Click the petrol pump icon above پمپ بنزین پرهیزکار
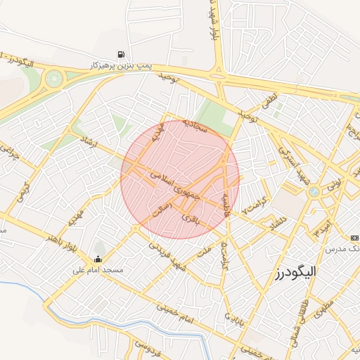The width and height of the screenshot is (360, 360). click(x=122, y=54)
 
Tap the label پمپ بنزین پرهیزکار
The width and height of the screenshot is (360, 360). click(x=122, y=65)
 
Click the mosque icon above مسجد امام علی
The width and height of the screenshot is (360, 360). click(x=97, y=259)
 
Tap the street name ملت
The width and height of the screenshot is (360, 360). click(x=205, y=251)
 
